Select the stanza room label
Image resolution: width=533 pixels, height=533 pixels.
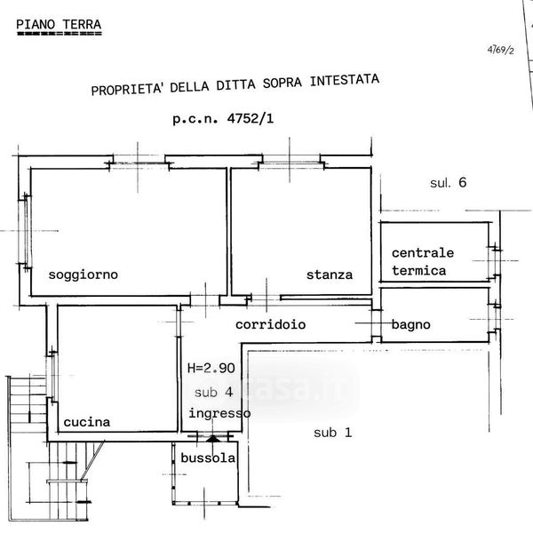[x=330, y=274]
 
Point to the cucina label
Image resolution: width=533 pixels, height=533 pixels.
[x=86, y=423]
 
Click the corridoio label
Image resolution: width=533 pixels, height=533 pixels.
[x=271, y=325]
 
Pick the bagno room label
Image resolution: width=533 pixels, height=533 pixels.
[x=410, y=325]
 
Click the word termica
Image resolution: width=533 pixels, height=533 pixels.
[x=419, y=270]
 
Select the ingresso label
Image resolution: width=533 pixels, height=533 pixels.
[x=219, y=413]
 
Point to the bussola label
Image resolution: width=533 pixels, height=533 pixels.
[x=208, y=458]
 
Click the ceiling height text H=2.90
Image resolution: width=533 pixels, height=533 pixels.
[x=211, y=367]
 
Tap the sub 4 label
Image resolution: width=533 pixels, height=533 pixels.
[x=213, y=391]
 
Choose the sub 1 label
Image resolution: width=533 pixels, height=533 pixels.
[x=333, y=433]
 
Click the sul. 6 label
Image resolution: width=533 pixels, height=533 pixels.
[x=449, y=184]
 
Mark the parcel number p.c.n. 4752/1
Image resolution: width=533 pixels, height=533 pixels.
[x=223, y=119]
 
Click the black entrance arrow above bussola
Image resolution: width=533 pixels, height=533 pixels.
[x=211, y=437]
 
